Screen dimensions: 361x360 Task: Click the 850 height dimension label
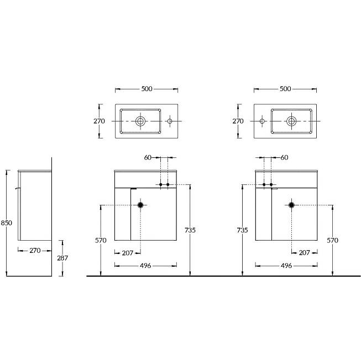pos(6,223)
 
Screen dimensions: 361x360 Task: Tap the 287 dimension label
pos(62,258)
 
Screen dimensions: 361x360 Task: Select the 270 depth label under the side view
pos(35,250)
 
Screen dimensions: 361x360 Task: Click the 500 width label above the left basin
pos(147,89)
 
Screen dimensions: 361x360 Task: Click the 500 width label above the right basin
pos(285,89)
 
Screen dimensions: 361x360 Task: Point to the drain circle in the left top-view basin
pos(140,121)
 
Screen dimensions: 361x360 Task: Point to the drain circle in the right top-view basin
pos(291,121)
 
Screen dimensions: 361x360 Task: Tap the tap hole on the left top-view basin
pos(170,121)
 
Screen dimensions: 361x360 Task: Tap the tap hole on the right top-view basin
pos(262,121)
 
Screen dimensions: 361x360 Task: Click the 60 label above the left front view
pos(148,157)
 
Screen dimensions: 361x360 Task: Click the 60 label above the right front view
pos(284,157)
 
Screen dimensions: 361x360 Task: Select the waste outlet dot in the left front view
pos(140,205)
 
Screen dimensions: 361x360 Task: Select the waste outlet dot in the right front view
pos(291,205)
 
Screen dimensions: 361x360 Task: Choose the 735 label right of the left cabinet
pos(190,230)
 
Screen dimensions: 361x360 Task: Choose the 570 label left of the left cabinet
pos(101,240)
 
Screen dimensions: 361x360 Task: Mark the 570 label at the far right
pos(332,240)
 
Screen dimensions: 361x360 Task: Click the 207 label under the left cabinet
pos(128,253)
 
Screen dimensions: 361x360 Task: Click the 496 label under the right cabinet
pos(286,266)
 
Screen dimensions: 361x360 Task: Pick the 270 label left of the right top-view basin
pos(238,121)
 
